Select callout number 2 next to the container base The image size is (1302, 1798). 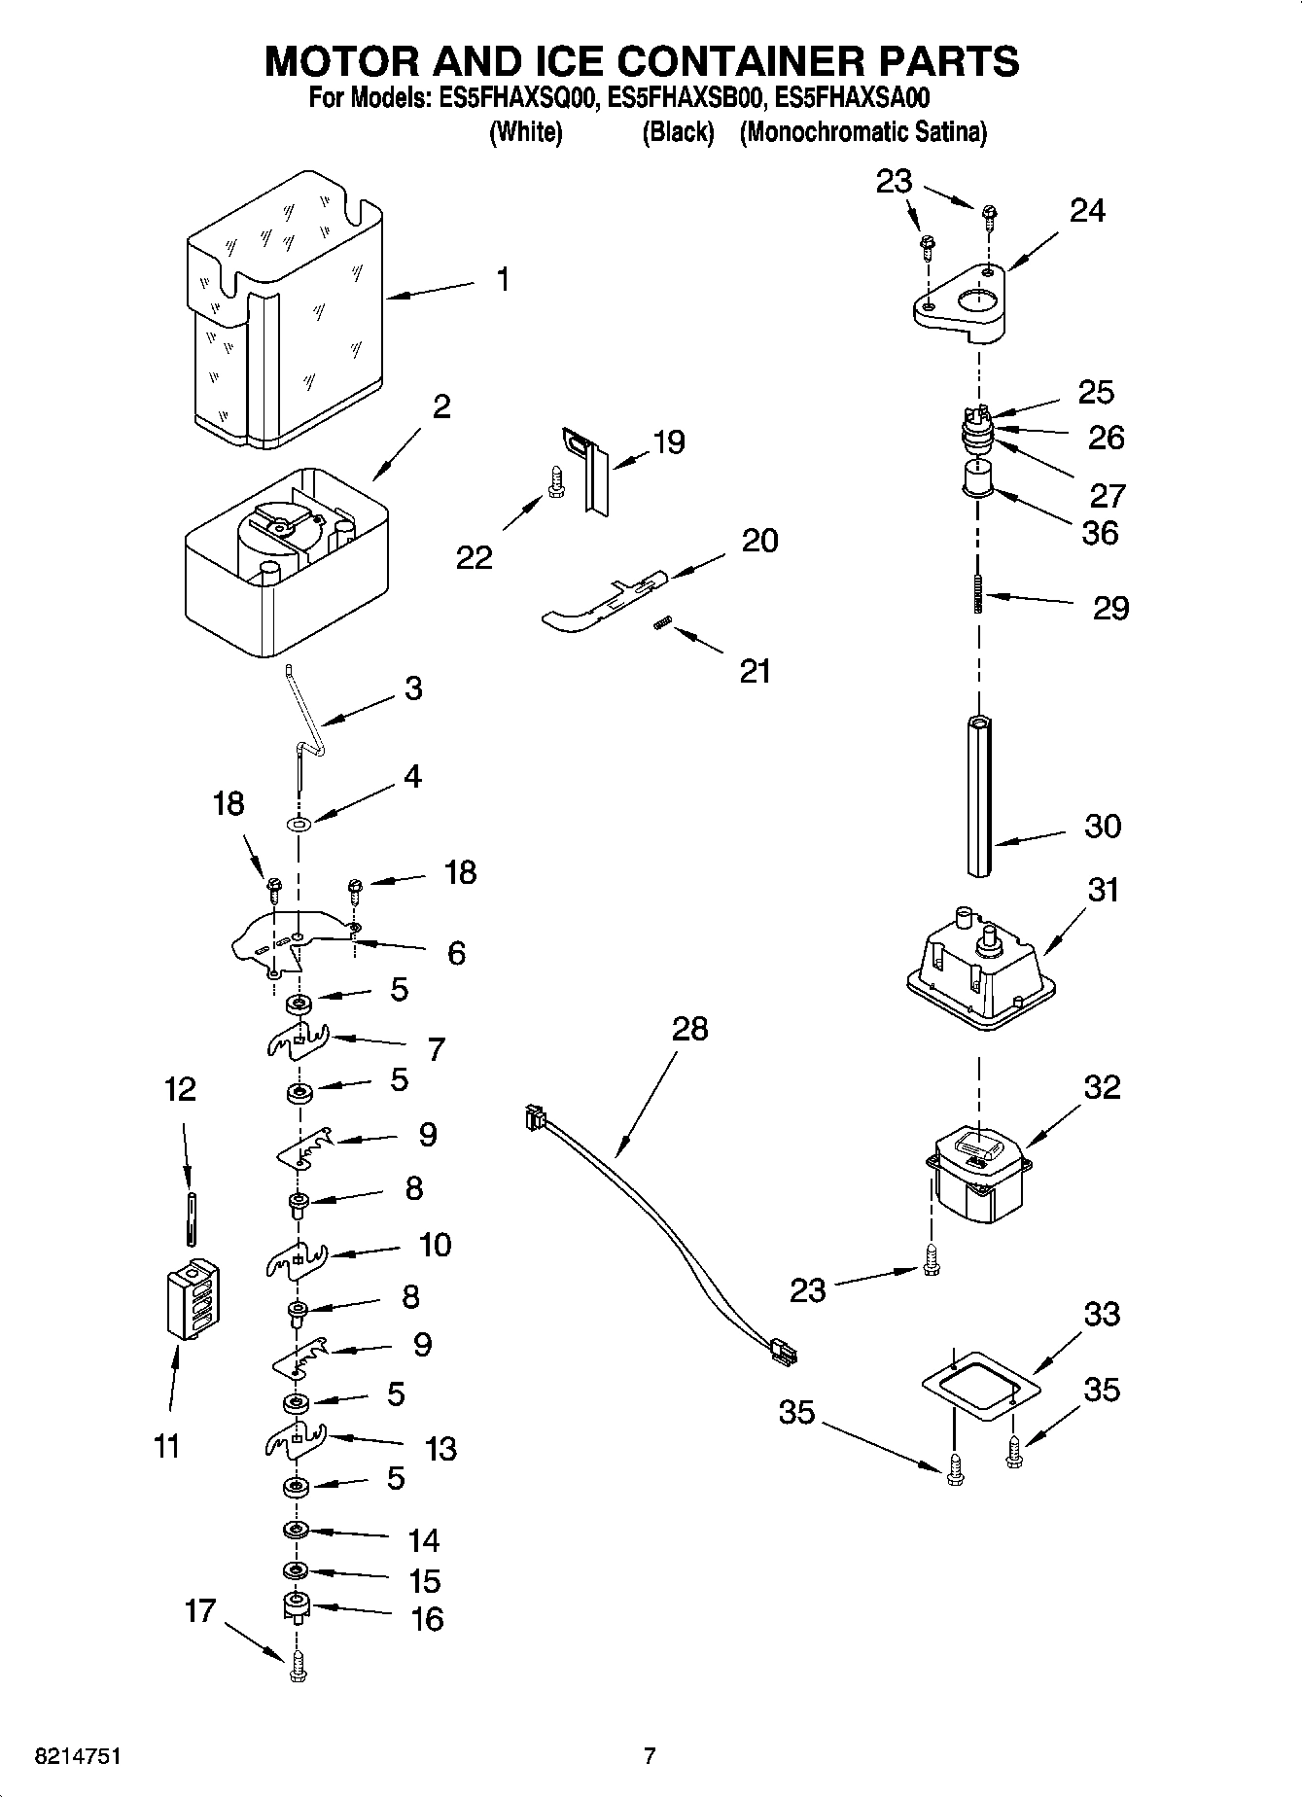click(441, 406)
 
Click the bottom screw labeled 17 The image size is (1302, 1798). click(298, 1668)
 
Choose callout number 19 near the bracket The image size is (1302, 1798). click(669, 442)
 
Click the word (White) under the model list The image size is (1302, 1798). click(525, 132)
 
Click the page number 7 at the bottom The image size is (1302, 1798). click(650, 1756)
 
